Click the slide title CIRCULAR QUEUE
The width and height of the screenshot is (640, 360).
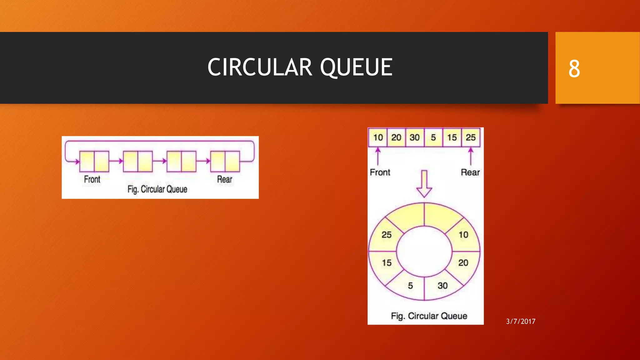pos(300,67)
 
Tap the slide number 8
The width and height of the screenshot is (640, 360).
pos(574,69)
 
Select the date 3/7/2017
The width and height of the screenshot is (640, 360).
pos(521,321)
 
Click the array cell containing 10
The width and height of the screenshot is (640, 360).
pos(378,137)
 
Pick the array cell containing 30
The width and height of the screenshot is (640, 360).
pos(415,137)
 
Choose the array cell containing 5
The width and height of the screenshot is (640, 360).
pos(433,137)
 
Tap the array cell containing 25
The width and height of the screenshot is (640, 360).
pos(471,137)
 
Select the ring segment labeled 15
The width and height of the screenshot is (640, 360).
pos(386,263)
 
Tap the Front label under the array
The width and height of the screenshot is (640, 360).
pos(380,172)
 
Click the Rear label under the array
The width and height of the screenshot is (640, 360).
pos(470,172)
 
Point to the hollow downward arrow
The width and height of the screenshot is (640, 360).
pos(424,184)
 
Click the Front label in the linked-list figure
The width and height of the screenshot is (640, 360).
pos(92,179)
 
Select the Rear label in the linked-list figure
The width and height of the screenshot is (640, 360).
pos(225,179)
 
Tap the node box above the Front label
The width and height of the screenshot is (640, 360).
pos(94,162)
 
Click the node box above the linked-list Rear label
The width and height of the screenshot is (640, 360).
pos(225,162)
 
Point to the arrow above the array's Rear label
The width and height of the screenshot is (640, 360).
pos(471,156)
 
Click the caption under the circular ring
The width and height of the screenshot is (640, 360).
pos(429,316)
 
